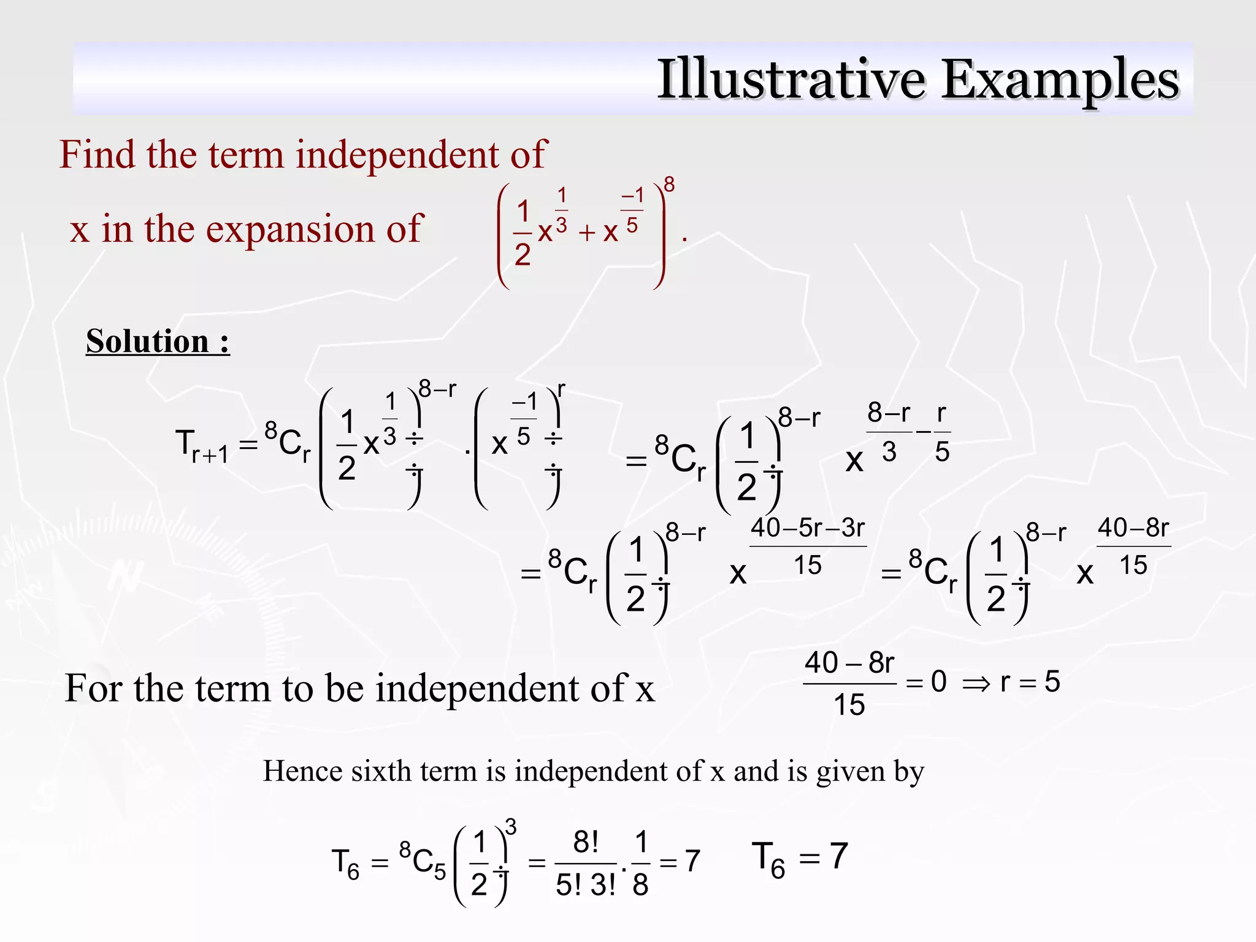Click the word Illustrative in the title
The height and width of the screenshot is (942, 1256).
(x=791, y=79)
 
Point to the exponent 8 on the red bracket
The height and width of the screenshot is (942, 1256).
(x=669, y=185)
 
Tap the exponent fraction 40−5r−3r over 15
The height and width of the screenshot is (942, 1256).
(x=808, y=546)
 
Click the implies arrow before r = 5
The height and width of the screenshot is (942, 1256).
(x=976, y=683)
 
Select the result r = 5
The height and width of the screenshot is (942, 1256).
(x=1030, y=681)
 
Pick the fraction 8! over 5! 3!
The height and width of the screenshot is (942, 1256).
(x=586, y=863)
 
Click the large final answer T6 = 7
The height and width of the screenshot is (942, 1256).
(x=800, y=858)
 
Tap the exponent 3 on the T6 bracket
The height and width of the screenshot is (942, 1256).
(x=510, y=827)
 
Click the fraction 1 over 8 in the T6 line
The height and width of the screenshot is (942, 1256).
(x=640, y=863)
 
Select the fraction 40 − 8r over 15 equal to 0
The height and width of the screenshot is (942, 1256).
(x=849, y=683)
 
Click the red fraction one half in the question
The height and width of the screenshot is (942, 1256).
(x=523, y=234)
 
